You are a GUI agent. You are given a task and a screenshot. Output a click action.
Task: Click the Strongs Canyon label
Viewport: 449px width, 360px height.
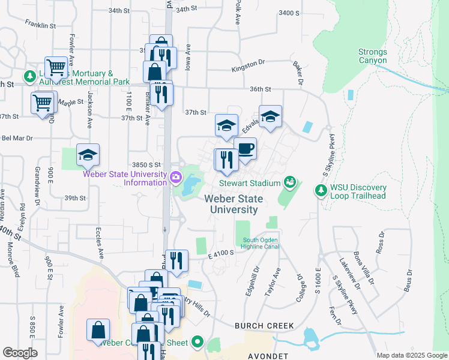[373, 56]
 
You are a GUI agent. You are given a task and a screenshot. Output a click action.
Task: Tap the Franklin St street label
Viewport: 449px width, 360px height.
[40, 25]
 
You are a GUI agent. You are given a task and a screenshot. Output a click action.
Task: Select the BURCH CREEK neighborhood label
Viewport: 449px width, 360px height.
[264, 326]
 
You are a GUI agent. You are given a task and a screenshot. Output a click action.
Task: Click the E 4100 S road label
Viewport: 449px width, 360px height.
[220, 254]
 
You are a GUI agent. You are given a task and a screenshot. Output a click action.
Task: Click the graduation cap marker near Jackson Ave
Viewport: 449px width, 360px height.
[88, 155]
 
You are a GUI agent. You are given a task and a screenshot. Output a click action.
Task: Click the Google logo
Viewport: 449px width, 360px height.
[20, 353]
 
